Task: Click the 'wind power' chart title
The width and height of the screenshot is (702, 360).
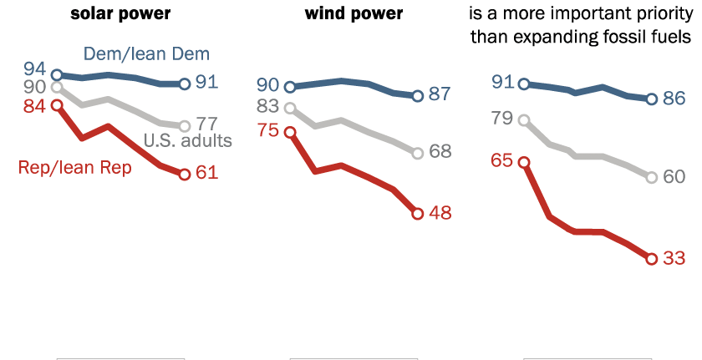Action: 354,14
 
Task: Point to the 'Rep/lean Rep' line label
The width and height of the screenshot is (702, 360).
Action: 74,167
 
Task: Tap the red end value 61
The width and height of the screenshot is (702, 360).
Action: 206,174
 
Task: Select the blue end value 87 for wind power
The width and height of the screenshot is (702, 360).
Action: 440,94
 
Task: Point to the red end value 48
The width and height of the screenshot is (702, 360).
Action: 440,214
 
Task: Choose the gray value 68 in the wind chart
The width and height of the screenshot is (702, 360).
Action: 440,152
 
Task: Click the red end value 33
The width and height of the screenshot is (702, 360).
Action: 674,259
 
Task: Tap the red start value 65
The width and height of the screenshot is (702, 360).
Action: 501,162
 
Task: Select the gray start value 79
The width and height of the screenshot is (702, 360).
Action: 501,119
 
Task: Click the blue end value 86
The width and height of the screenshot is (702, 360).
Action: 674,99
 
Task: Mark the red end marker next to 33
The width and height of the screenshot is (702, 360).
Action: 652,259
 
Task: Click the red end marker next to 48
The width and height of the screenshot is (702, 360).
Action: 418,214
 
